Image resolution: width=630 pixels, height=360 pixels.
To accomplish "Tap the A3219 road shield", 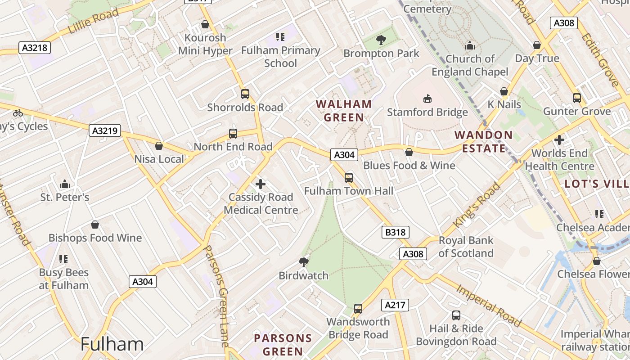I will [104, 131].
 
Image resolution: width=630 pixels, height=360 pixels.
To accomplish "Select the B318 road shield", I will [396, 232].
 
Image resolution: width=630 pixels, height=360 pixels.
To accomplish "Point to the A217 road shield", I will [395, 305].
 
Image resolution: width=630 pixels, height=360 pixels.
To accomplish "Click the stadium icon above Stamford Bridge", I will [427, 99].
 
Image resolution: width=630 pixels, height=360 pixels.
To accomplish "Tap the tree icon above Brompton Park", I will [381, 40].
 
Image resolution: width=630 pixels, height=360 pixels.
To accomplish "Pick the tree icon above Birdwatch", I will [304, 262].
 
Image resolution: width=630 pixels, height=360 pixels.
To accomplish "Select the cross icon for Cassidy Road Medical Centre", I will [261, 184].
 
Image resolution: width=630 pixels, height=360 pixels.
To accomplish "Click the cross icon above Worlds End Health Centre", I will [559, 140].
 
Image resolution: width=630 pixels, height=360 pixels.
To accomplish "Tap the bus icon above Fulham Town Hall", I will [349, 177].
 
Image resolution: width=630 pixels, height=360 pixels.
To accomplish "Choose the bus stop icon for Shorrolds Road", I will [245, 94].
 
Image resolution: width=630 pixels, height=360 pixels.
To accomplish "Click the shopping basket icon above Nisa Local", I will [159, 146].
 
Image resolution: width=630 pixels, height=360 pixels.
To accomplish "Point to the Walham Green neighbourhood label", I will [344, 111].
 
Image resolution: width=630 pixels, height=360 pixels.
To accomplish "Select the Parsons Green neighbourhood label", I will [283, 345].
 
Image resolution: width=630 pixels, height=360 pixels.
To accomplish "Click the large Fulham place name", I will [112, 344].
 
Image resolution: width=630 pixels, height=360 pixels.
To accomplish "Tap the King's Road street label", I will [477, 205].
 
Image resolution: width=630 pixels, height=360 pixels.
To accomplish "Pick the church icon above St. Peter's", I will [65, 184].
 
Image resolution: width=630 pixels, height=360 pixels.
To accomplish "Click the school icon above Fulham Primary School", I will [280, 37].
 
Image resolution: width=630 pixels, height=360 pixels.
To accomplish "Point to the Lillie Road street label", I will [94, 21].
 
